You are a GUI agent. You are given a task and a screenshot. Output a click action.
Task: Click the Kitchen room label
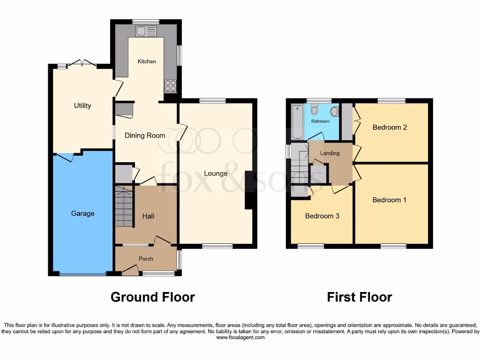pos(146,61)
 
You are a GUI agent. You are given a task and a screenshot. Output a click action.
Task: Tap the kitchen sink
pos(145,31)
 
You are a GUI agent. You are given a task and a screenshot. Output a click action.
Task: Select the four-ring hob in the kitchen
pos(170,86)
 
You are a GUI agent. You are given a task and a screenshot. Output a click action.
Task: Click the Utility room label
pos(82,105)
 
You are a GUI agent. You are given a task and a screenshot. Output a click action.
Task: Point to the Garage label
pos(82,213)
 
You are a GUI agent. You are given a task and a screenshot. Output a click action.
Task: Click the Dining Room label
pos(145,135)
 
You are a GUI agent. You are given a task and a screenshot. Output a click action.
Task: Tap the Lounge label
pos(216,173)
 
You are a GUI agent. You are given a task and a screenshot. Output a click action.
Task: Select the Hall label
pos(148,216)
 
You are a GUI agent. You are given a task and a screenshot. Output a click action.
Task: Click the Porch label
pos(146,259)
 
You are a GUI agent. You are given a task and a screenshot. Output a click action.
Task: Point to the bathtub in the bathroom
pos(297,122)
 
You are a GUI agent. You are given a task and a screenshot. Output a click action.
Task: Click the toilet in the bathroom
pos(315,110)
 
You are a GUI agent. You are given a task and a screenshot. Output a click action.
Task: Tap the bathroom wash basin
pos(334,112)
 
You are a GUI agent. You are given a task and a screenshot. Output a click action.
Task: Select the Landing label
pos(330,153)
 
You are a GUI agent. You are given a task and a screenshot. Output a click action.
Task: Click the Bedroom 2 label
pos(390,127)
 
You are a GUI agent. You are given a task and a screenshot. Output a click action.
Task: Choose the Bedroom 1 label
pos(389,200)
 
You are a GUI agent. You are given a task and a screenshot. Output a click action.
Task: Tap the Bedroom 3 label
pos(322,216)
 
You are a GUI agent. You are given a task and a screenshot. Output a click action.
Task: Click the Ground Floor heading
pos(152,297)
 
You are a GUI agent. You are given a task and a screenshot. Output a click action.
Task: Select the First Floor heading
pos(359,297)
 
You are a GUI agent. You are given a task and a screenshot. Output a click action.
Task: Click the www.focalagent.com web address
pos(240,337)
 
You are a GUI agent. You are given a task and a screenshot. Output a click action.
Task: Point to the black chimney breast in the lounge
pos(248,190)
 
